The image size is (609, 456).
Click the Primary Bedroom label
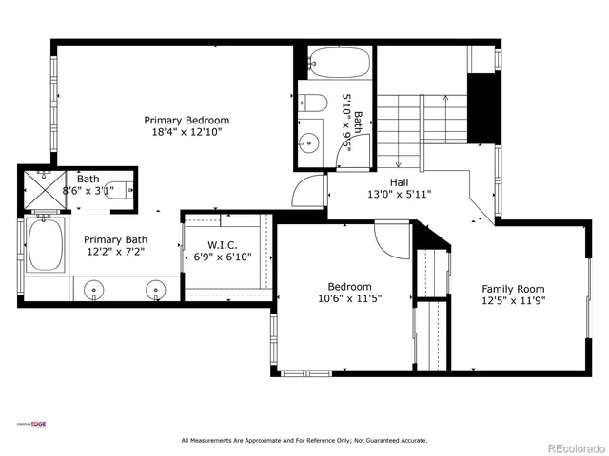pos(187,121)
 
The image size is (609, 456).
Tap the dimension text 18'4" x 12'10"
pos(187,134)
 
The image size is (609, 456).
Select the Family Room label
pos(513,289)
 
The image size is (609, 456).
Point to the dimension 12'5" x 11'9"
pos(513,302)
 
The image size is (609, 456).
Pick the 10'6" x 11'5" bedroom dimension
pos(349,299)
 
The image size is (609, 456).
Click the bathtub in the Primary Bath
pos(44,245)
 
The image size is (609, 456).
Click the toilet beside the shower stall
pos(117,187)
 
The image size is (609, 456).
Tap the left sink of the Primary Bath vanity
pos(94,289)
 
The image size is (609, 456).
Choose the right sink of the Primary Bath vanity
pos(154,289)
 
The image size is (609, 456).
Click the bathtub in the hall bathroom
pos(338,65)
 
